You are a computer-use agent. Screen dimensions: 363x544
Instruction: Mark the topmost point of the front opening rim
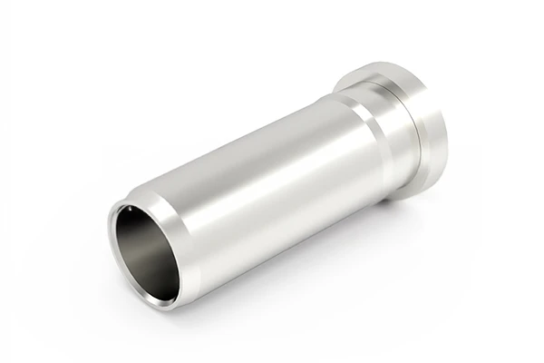127,201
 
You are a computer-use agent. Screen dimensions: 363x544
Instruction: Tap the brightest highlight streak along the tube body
263,159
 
